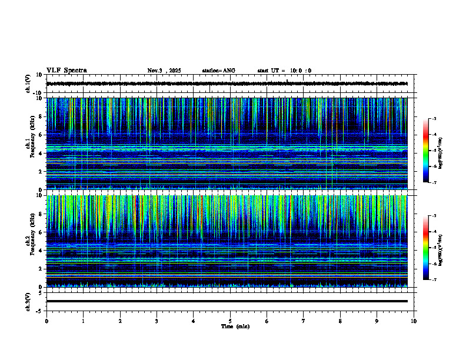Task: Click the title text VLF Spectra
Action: click(x=66, y=71)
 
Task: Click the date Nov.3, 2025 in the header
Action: click(x=164, y=71)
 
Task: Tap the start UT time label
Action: click(x=284, y=71)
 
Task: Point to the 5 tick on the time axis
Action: click(x=230, y=321)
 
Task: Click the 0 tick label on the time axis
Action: click(x=46, y=321)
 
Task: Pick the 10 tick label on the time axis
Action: click(x=414, y=321)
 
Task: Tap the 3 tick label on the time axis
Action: click(x=157, y=321)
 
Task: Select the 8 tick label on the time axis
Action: click(x=340, y=321)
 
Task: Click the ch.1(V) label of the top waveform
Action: click(x=28, y=84)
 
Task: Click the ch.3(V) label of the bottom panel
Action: click(x=28, y=301)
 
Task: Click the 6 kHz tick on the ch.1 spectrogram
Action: click(x=42, y=135)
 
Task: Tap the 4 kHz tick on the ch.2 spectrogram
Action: click(x=42, y=251)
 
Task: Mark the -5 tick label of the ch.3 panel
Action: click(x=41, y=310)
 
